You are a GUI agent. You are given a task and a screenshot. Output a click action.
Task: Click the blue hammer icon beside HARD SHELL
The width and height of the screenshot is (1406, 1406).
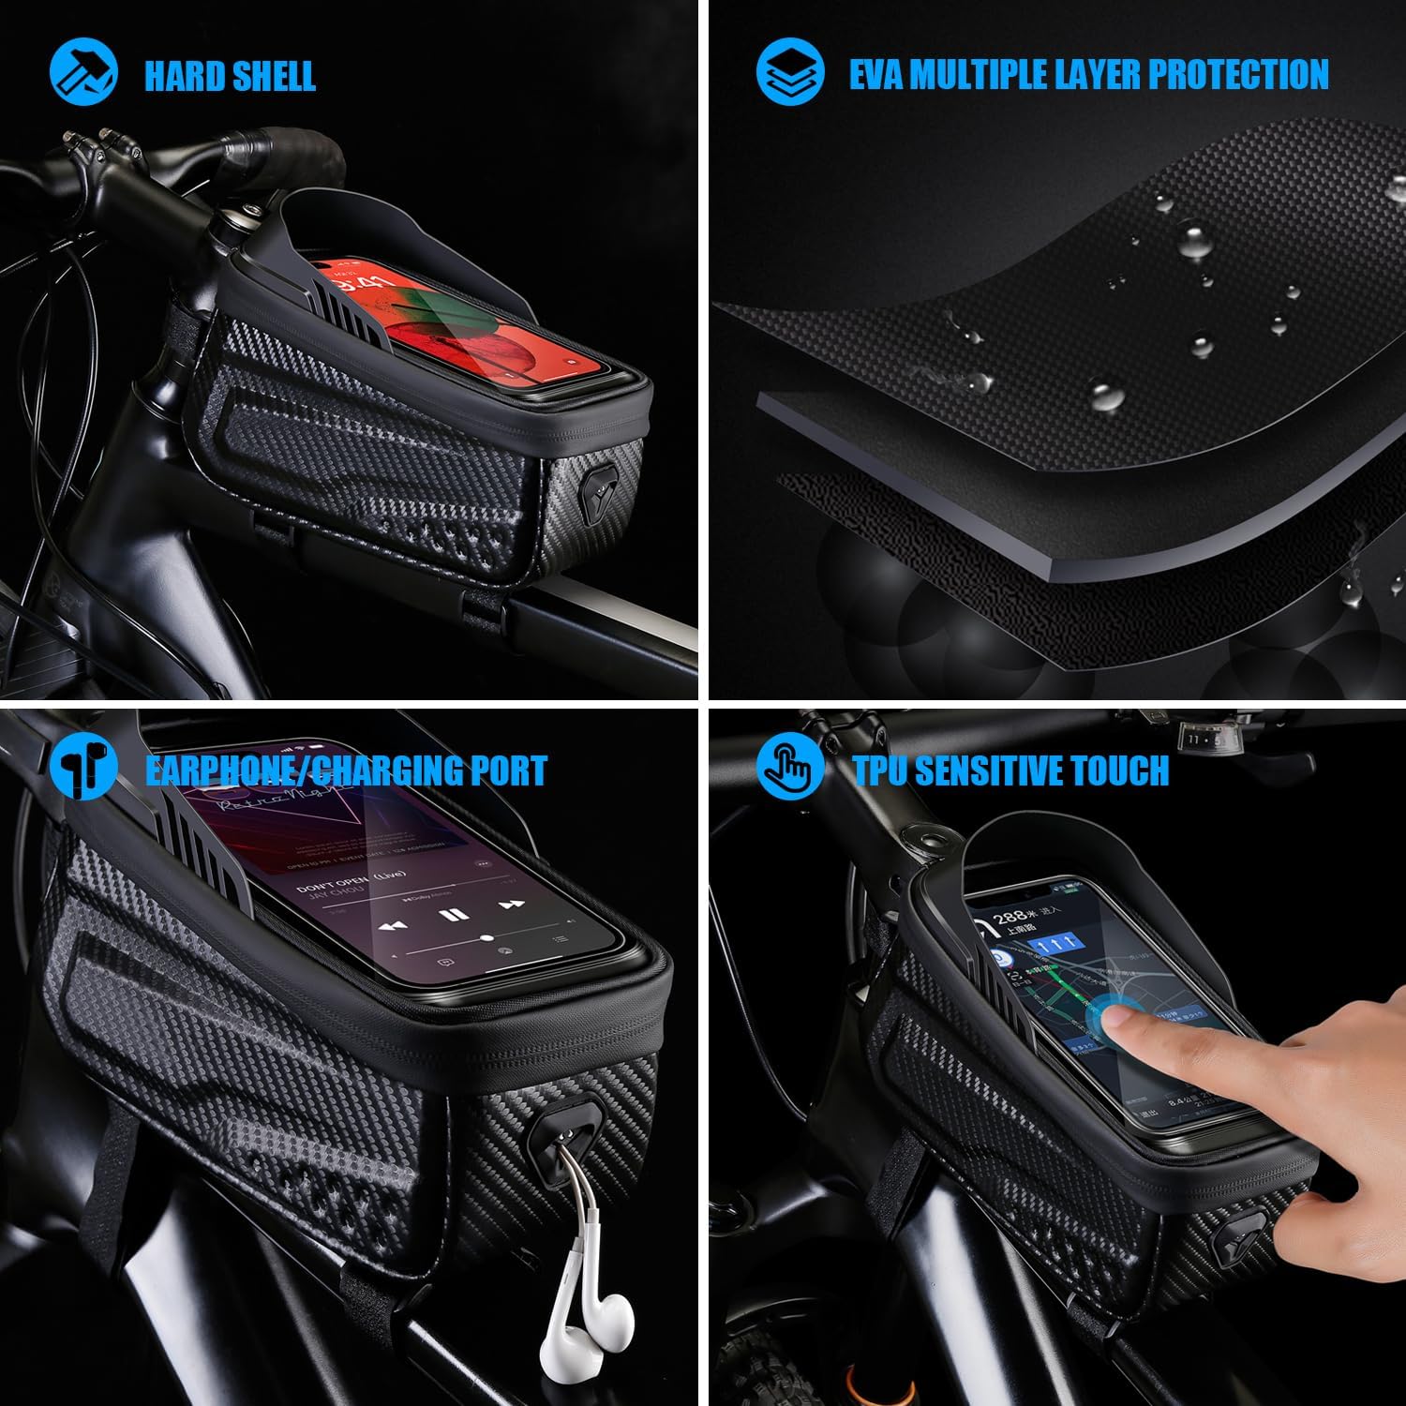pyautogui.click(x=83, y=73)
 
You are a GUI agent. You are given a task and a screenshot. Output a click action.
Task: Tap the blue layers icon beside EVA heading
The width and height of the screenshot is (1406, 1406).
pyautogui.click(x=790, y=73)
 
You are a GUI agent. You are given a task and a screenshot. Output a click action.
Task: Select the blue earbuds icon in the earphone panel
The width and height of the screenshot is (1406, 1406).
pyautogui.click(x=83, y=766)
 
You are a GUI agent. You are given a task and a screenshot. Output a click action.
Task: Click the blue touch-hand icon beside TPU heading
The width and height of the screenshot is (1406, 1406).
pyautogui.click(x=790, y=766)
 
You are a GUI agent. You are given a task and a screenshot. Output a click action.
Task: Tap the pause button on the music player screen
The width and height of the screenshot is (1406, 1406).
pyautogui.click(x=453, y=915)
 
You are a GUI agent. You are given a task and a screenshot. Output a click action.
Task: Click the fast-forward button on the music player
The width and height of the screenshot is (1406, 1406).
pyautogui.click(x=510, y=905)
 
